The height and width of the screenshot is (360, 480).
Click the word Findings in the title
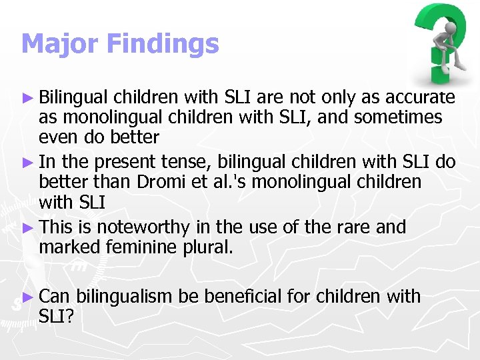coord(162,44)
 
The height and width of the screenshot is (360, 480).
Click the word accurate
coord(419,98)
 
